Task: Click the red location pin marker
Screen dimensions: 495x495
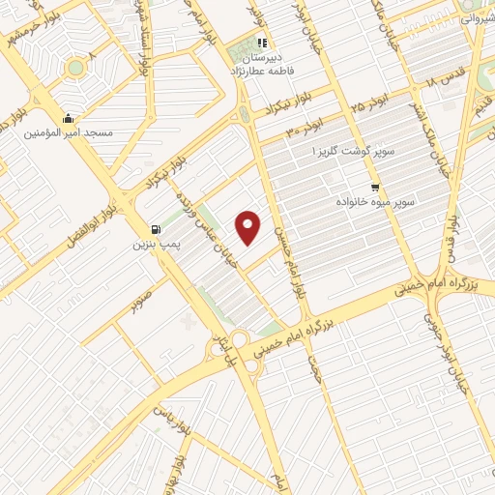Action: tap(248, 227)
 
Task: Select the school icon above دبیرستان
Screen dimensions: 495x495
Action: tap(261, 43)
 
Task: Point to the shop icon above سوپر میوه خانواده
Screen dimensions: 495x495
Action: tap(375, 188)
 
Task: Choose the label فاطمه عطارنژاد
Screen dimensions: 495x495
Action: tap(262, 71)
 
